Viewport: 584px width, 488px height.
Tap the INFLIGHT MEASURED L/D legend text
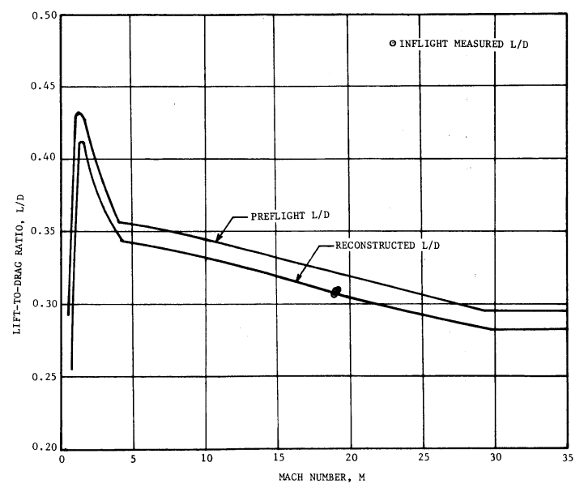(461, 43)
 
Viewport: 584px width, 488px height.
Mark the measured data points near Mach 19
(335, 291)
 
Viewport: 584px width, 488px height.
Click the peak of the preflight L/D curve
(79, 113)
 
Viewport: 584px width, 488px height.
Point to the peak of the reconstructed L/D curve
(82, 143)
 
